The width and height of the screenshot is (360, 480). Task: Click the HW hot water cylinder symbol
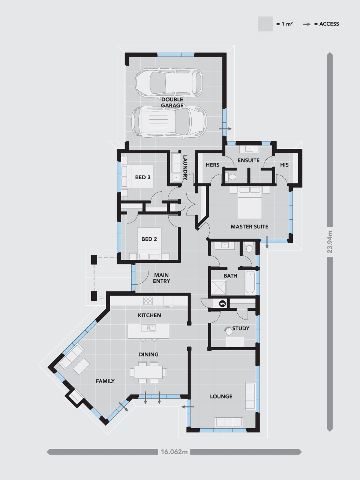tap(222, 303)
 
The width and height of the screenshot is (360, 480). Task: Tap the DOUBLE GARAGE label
tap(172, 102)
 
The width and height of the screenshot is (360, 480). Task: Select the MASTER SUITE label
tap(249, 226)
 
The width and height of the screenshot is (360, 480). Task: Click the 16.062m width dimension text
tap(174, 452)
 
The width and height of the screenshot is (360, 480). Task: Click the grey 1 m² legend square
tap(265, 24)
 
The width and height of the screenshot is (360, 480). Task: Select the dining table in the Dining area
tap(148, 372)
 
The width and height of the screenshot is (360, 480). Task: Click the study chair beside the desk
tap(228, 330)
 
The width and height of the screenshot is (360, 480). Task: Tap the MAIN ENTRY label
tap(162, 278)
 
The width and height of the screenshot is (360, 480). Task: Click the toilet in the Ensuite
tap(232, 177)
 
